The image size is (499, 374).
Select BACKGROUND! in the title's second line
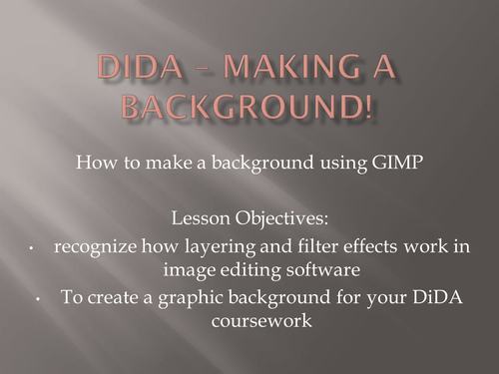coord(249,104)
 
